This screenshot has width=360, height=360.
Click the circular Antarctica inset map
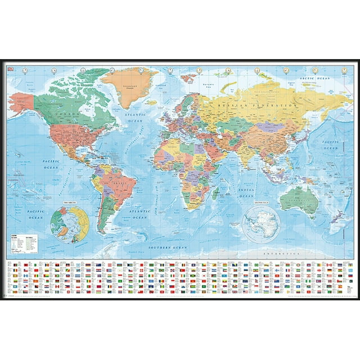tap(262, 223)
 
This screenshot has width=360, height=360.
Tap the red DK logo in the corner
tap(12, 69)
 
